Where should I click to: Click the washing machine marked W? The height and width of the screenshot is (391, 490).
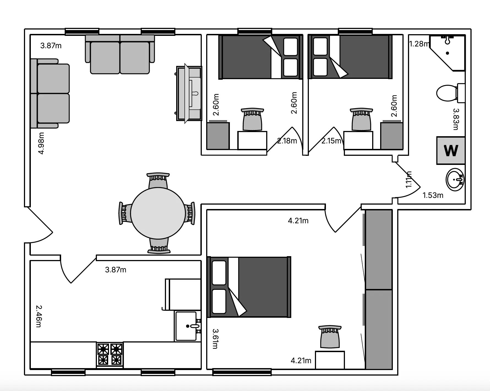451,151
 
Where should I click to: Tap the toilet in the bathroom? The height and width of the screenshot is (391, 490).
451,93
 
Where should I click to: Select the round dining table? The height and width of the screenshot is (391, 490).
158,213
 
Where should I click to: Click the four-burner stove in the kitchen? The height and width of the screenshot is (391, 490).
110,355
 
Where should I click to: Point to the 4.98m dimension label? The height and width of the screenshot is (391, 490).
41,143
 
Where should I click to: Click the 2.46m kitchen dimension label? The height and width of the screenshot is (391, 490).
39,316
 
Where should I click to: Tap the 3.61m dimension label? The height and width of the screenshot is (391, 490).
216,339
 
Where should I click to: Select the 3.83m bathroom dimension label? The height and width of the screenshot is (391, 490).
456,119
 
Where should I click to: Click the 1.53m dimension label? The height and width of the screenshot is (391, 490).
433,195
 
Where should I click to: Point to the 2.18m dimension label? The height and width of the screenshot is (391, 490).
287,141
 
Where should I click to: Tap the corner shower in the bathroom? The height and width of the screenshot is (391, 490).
448,53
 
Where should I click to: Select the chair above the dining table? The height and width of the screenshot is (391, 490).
158,181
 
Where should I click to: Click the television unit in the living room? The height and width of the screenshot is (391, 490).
189,93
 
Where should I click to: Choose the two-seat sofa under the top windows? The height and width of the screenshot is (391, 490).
120,54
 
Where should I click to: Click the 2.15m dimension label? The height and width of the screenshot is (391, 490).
331,141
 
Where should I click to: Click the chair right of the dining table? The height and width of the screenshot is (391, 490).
190,213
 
